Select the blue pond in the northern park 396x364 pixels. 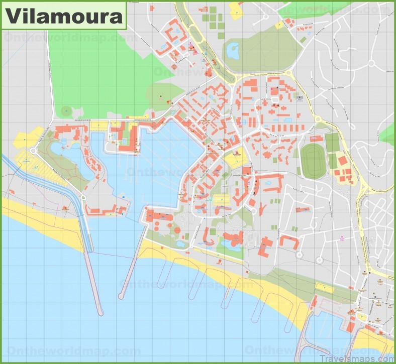point(233,50)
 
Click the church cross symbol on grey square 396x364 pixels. point(300,96)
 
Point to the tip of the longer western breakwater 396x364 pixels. point(101,313)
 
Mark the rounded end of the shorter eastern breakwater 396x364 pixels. point(121,297)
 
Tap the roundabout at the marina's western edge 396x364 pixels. point(34,150)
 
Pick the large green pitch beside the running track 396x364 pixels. point(332,143)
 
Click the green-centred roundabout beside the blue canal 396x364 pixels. point(83,198)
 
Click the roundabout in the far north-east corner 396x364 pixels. point(372,63)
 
